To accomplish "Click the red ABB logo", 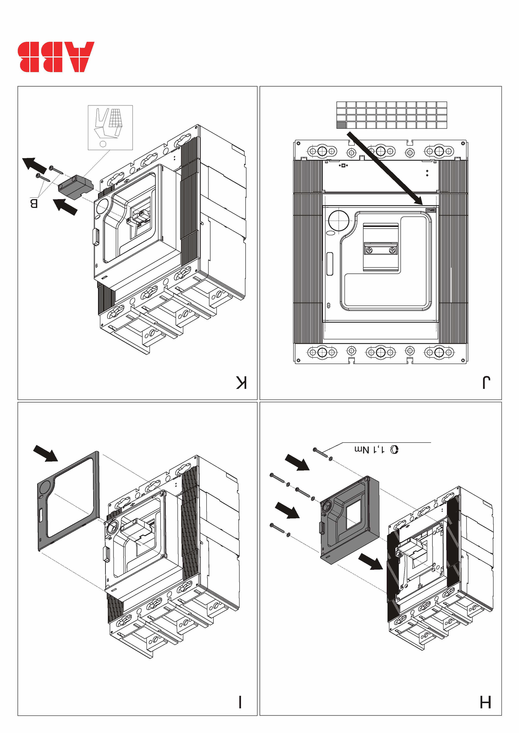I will coord(56,57).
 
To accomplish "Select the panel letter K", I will coord(242,383).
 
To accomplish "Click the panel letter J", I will coord(486,383).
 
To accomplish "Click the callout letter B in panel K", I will coord(34,204).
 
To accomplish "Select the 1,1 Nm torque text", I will coord(370,450).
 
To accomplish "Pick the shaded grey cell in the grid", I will coord(341,125).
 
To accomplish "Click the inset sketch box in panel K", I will coord(110,127).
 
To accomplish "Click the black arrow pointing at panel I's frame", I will coord(45,453).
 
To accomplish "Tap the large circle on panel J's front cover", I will coord(339,220).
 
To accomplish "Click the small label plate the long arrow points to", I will coord(431,210).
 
